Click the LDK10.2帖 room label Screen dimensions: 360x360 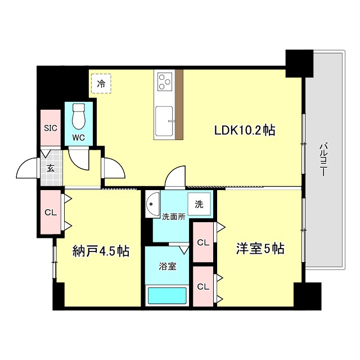(x=244, y=130)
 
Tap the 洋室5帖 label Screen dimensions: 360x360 (x=259, y=249)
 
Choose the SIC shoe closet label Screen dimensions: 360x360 (x=51, y=127)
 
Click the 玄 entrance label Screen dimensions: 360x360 (x=51, y=168)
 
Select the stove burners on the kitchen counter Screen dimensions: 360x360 (x=165, y=82)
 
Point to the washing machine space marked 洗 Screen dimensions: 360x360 (x=199, y=205)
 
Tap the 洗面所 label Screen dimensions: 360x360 (x=174, y=217)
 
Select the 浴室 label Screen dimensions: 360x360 (x=168, y=265)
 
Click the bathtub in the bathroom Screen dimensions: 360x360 (x=166, y=295)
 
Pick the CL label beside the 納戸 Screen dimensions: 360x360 (x=51, y=212)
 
